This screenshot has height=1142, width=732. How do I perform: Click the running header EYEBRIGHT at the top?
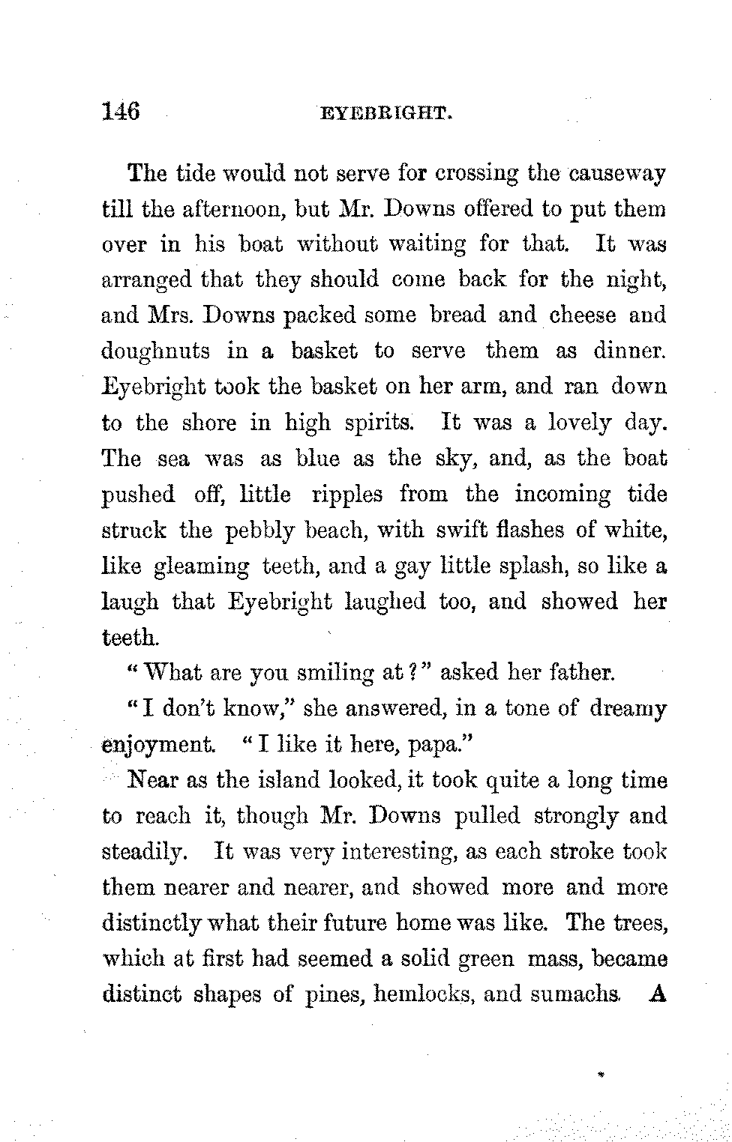click(x=384, y=115)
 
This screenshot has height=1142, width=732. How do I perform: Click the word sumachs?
click(x=581, y=995)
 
